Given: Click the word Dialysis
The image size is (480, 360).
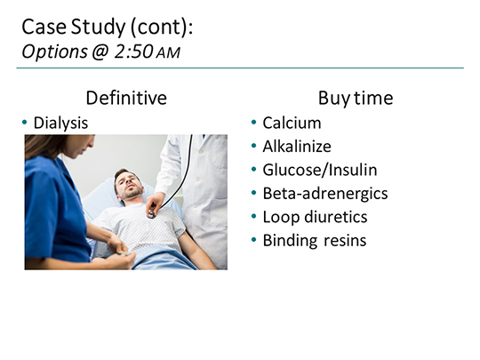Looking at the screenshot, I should (60, 123).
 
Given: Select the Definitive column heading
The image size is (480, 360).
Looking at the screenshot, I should (125, 98).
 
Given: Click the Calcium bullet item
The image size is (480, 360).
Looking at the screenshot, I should (292, 123).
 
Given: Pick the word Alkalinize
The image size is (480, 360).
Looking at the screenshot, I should (298, 146).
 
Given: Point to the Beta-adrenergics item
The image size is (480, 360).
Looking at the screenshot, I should (324, 193).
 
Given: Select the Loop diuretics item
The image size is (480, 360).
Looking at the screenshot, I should (315, 216).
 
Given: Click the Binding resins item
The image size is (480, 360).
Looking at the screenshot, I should (313, 239).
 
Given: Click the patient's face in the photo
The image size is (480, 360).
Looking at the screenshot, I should (130, 184).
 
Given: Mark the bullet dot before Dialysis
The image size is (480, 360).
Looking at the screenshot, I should (25, 123).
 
